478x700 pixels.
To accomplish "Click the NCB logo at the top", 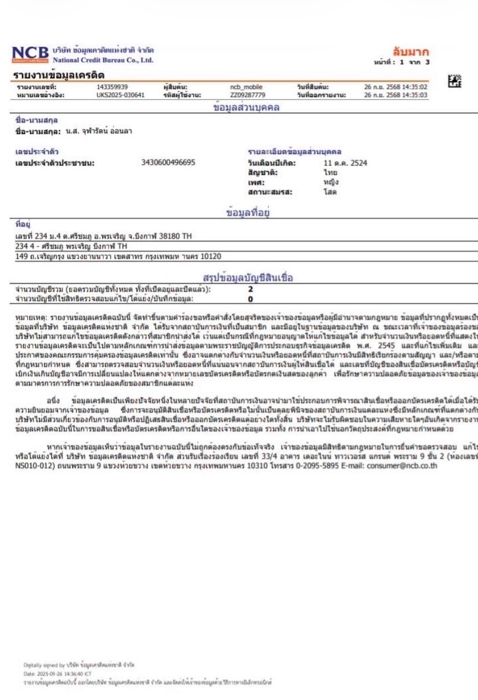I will coord(31,55).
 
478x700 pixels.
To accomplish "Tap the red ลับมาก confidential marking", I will coord(410,52).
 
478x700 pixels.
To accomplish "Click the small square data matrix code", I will coord(455,81).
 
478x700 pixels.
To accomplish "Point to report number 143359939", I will coord(112,87).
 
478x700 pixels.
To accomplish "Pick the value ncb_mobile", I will coord(246,87).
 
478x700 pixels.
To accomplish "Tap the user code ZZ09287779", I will coord(248,95).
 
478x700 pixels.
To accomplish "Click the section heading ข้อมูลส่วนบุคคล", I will coord(247,107).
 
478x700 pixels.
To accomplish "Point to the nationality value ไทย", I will coord(330,172).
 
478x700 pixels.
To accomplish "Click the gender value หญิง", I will coord(331,181).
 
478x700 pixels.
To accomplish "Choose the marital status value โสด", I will coord(330,191).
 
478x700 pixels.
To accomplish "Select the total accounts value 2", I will coord(251,289).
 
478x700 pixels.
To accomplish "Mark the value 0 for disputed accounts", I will coord(251,299).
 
